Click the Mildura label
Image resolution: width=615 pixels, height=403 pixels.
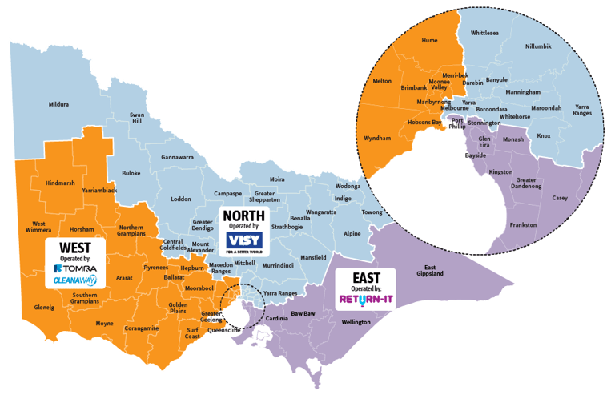click(58, 104)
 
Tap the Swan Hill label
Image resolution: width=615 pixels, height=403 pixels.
click(137, 119)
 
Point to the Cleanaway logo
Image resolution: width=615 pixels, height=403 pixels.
click(75, 281)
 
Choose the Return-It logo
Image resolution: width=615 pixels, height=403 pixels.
click(368, 300)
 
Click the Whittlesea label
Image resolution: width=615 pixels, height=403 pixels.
click(485, 34)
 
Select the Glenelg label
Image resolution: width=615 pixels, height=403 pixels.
click(44, 307)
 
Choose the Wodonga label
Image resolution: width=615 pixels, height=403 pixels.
click(348, 187)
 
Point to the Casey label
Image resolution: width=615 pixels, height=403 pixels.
click(560, 197)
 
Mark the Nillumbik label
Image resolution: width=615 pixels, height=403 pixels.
click(538, 47)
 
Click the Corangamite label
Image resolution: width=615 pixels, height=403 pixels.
click(141, 328)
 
